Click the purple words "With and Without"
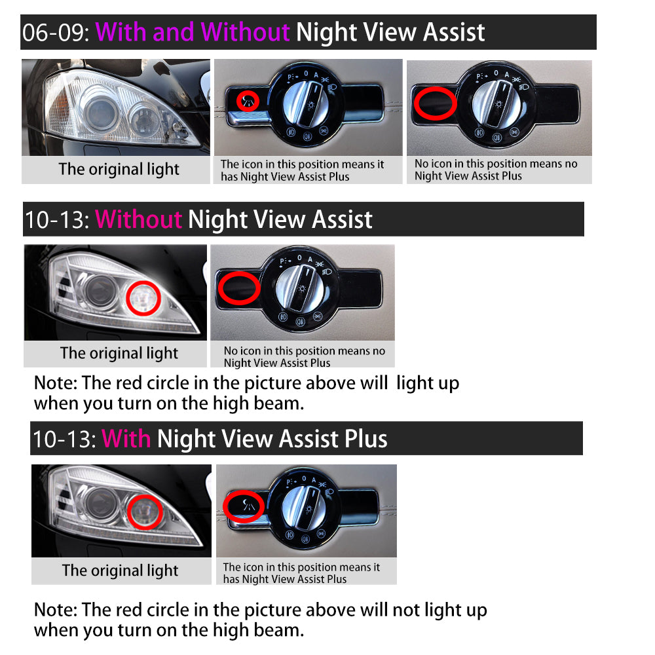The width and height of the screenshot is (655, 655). pyautogui.click(x=193, y=32)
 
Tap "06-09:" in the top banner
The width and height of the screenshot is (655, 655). pyautogui.click(x=56, y=33)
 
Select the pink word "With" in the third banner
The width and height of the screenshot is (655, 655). pyautogui.click(x=126, y=439)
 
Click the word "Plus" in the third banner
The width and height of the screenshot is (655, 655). pyautogui.click(x=366, y=439)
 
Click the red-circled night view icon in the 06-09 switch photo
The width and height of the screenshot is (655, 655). pyautogui.click(x=248, y=101)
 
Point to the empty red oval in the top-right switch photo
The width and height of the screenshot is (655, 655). pyautogui.click(x=436, y=103)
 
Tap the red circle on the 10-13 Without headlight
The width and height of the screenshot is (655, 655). pyautogui.click(x=143, y=298)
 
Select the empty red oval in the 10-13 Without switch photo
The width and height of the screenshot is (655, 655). pyautogui.click(x=239, y=288)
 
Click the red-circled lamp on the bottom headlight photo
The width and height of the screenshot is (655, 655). pyautogui.click(x=145, y=512)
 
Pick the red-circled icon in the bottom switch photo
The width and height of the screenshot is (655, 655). pyautogui.click(x=244, y=506)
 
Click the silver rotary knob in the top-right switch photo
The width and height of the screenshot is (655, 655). pyautogui.click(x=496, y=103)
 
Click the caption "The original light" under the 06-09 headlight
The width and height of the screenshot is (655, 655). pyautogui.click(x=119, y=169)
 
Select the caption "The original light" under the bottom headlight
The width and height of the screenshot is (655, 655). pyautogui.click(x=121, y=571)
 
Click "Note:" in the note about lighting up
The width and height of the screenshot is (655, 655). pyautogui.click(x=56, y=383)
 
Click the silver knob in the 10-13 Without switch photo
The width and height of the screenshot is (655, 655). pyautogui.click(x=300, y=289)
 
